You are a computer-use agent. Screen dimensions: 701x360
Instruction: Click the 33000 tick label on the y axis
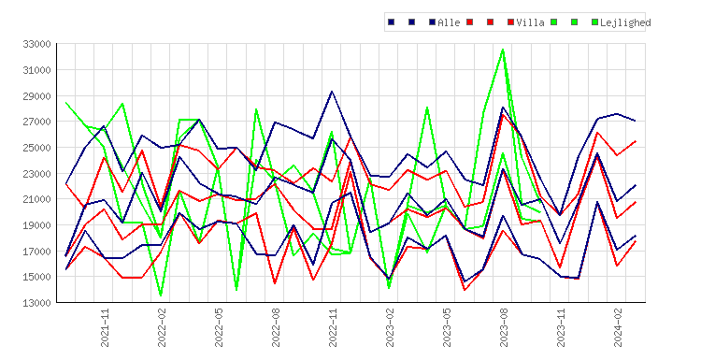click(36, 44)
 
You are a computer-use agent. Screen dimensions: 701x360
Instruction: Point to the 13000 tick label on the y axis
click(36, 303)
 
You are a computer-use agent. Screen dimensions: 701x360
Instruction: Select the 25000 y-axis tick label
click(36, 148)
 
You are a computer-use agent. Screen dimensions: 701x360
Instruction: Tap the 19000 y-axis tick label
click(36, 225)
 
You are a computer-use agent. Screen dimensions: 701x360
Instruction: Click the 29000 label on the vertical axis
click(36, 95)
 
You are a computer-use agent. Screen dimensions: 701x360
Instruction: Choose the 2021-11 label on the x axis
click(105, 327)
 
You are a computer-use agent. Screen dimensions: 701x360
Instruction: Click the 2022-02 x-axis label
click(162, 327)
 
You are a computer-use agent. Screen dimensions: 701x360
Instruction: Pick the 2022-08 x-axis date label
click(276, 327)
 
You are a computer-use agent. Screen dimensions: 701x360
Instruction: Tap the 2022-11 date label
click(333, 327)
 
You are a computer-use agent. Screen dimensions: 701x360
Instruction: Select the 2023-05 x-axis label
click(447, 327)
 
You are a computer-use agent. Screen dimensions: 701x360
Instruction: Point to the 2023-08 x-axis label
click(505, 327)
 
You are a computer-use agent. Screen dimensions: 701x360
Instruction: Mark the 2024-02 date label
click(619, 327)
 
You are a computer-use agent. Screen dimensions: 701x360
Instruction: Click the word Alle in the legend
click(449, 22)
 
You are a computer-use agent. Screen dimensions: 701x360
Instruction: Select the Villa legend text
click(530, 22)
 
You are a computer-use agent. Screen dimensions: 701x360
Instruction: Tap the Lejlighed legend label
click(625, 22)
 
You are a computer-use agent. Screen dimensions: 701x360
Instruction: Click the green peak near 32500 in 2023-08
click(503, 50)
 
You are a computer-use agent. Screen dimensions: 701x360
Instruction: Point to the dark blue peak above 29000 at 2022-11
click(332, 92)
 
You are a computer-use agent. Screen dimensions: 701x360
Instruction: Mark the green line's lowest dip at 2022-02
click(161, 295)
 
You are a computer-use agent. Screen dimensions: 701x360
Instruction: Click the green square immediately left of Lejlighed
click(594, 22)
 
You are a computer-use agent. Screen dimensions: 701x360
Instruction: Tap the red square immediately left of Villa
click(510, 22)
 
